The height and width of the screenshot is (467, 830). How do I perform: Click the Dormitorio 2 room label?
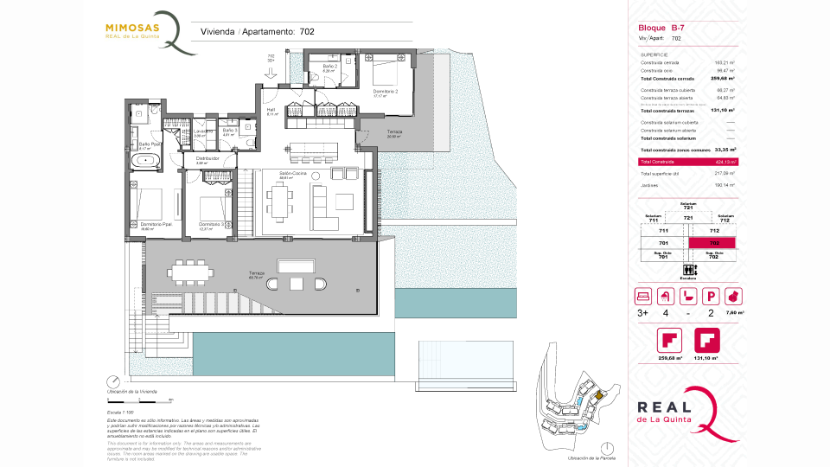click(385, 92)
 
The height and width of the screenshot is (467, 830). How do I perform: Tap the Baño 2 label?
click(329, 67)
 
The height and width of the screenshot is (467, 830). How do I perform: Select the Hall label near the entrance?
click(270, 111)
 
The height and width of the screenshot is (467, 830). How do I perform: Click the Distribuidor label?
click(207, 159)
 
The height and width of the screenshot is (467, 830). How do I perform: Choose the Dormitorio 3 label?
click(212, 225)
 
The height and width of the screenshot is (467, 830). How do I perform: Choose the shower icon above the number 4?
click(666, 296)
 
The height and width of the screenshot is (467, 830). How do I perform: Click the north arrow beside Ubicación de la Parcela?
click(612, 451)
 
